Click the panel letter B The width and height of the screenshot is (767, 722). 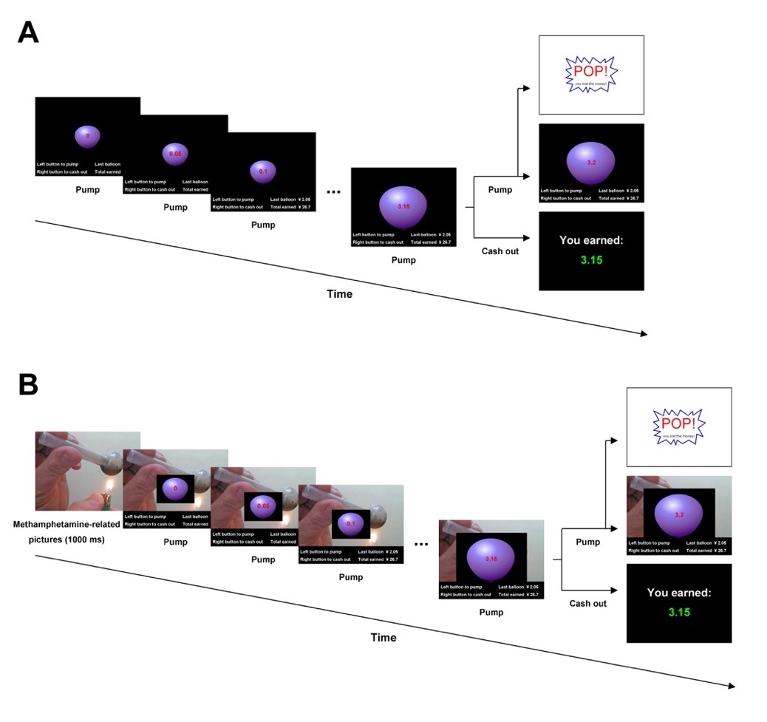[27, 384]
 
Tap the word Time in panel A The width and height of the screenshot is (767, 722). [339, 293]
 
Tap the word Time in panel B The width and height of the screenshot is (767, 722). [383, 637]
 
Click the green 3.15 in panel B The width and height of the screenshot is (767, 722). [679, 612]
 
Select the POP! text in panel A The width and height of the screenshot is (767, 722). [589, 71]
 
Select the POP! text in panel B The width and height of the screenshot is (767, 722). [678, 423]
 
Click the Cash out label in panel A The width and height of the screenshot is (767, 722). [500, 251]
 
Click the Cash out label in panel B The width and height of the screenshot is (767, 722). [588, 603]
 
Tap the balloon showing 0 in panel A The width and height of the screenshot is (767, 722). [87, 137]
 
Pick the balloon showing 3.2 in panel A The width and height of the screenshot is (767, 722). [590, 163]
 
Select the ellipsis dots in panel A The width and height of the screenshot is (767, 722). [333, 192]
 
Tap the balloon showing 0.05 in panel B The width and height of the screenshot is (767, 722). [263, 506]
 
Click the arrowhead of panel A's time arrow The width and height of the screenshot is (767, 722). [644, 334]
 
